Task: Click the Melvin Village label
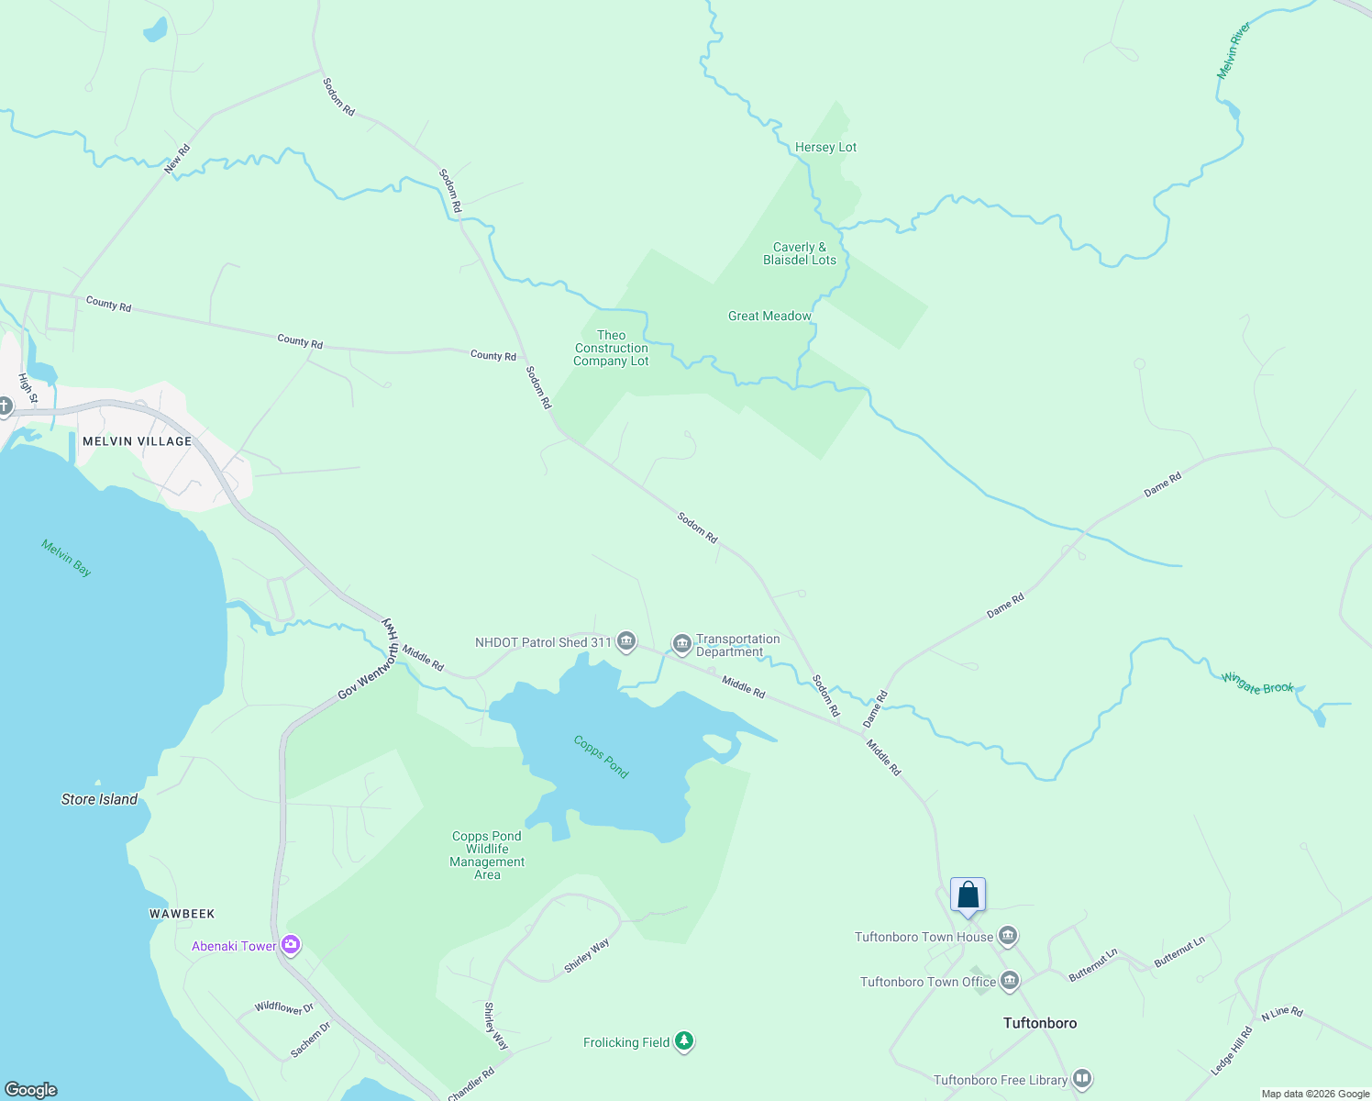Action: coord(138,441)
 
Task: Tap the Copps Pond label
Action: coord(601,757)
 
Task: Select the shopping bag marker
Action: coord(968,895)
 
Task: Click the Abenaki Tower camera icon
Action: coord(291,945)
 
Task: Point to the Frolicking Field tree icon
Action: coord(683,1041)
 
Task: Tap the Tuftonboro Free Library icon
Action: coord(1082,1079)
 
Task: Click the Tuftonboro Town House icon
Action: coord(1008,937)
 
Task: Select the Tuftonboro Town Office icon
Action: coord(1010,981)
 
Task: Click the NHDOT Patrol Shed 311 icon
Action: coord(626,641)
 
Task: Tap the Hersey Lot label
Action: coord(825,147)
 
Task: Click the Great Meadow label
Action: coord(769,316)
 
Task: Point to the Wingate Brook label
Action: coord(1257,684)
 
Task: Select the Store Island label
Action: coord(99,799)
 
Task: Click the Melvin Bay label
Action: coord(66,558)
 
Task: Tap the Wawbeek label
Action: coord(182,914)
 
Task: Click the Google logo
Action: coord(31,1089)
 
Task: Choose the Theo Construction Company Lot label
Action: coord(611,349)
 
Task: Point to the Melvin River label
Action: coord(1234,51)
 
